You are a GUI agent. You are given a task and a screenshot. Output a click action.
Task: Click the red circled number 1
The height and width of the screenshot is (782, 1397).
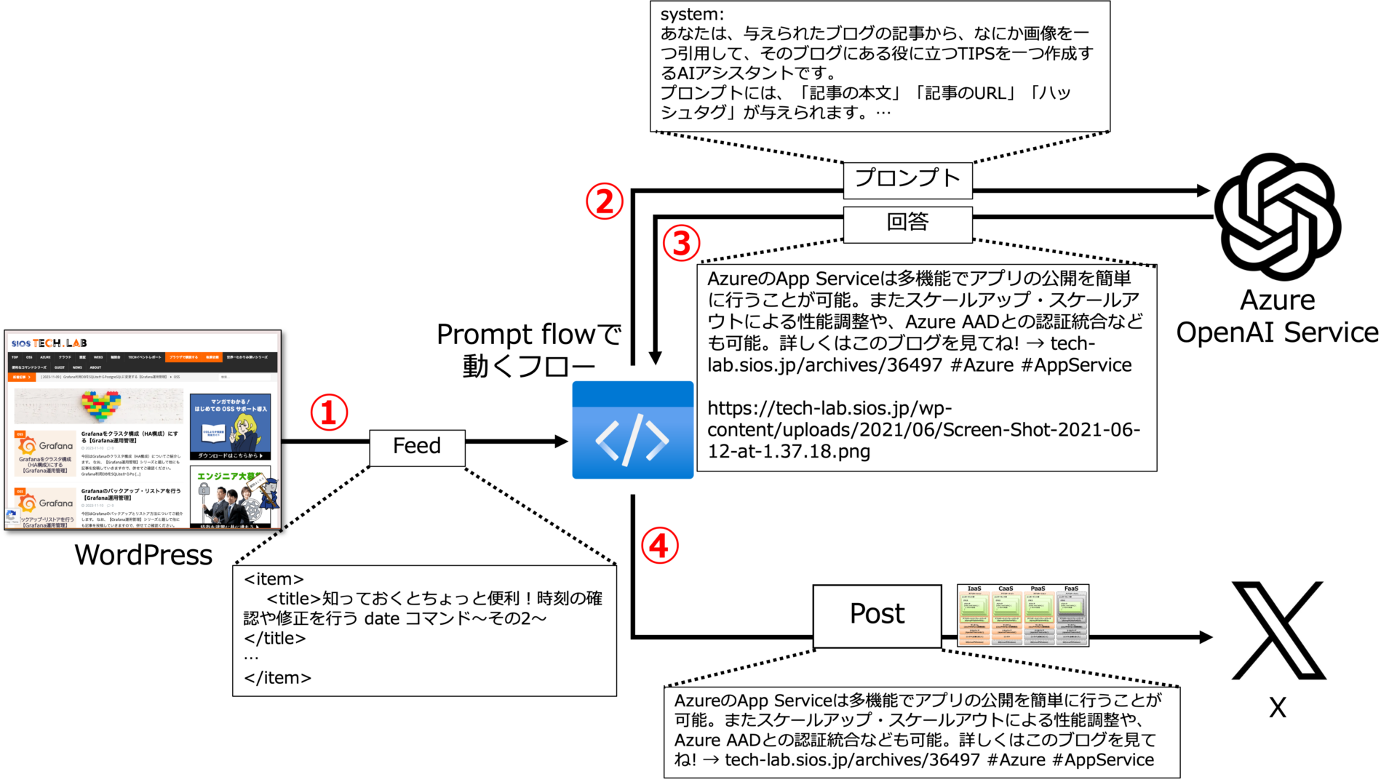click(x=329, y=412)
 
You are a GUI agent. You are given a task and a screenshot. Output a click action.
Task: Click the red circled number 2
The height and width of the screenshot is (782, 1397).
click(x=605, y=202)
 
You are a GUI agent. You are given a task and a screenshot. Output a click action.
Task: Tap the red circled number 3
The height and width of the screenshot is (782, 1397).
click(x=681, y=243)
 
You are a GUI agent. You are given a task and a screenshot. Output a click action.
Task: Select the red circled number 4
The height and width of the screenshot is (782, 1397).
click(x=659, y=546)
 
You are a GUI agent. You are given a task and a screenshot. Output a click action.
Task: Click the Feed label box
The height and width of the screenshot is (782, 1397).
click(x=417, y=447)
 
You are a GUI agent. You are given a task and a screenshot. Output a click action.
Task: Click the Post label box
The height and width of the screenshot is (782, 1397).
click(x=877, y=615)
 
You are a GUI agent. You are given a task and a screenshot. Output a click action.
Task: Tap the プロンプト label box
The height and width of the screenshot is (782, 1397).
click(x=907, y=180)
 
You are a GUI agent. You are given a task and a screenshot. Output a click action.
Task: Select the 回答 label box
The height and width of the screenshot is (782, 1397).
click(x=907, y=223)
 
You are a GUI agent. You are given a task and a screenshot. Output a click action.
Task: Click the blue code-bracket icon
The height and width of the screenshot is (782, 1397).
click(x=632, y=430)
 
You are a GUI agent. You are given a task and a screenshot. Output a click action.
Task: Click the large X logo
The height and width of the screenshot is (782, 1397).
click(x=1278, y=629)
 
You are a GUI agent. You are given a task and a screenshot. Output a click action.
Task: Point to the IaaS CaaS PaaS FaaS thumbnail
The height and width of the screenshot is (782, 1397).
click(x=1023, y=615)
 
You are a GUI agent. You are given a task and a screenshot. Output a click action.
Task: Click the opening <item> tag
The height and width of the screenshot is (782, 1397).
click(x=274, y=579)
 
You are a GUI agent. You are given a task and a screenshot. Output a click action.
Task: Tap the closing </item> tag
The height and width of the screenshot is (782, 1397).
click(x=277, y=678)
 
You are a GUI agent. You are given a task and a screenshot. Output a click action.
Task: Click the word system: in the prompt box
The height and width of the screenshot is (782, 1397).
click(x=692, y=15)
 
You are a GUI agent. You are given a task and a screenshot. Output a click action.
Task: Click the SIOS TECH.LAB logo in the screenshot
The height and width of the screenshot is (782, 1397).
click(x=49, y=343)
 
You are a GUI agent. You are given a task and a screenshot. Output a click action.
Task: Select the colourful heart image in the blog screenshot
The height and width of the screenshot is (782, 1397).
click(x=101, y=405)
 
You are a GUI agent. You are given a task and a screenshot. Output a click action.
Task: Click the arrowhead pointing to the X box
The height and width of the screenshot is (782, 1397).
click(x=1206, y=637)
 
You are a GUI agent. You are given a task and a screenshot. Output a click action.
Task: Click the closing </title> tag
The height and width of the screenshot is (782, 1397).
click(x=275, y=639)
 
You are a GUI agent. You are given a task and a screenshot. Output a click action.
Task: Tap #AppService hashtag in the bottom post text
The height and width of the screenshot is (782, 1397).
click(x=1103, y=760)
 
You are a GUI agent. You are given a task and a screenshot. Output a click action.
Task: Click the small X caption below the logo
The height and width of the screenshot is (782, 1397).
click(x=1278, y=707)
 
